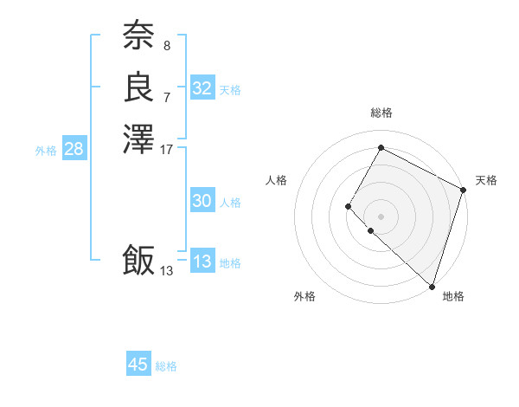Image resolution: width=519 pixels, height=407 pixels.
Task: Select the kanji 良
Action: coord(138,87)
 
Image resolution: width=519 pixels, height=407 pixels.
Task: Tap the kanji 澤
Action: coord(138,139)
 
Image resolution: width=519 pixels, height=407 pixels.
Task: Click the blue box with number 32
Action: coord(202,88)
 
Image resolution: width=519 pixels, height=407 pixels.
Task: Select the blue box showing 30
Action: coord(202,201)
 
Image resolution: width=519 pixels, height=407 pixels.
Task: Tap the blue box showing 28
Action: coord(74,149)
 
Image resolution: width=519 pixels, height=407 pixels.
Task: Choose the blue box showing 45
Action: coord(138,365)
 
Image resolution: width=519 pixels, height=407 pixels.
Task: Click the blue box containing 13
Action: coord(202,262)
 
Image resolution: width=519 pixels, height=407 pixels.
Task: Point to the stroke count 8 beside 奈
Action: coord(167,44)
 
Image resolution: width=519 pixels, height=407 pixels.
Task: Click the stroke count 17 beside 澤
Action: coord(167,150)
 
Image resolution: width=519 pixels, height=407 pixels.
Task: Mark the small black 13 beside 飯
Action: coord(167,271)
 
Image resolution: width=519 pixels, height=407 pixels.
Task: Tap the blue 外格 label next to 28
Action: coord(46,151)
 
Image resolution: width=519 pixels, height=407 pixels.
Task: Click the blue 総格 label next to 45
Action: coord(166,366)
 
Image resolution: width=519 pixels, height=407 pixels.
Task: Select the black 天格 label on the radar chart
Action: coord(486,180)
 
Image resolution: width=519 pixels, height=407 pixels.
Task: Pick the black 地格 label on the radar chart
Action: coord(453,296)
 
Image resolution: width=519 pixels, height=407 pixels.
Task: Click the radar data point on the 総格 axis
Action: coord(381,147)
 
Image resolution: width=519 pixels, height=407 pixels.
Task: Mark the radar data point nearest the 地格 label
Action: coord(432,287)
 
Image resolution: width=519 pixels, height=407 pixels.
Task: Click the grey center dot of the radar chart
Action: coord(381,216)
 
